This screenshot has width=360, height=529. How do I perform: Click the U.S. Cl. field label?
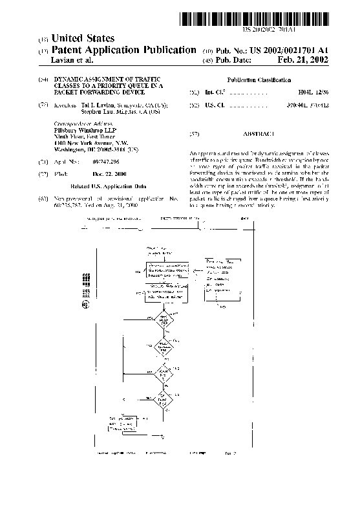click(x=214, y=104)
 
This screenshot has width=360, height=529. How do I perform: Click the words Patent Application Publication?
click(x=123, y=50)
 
